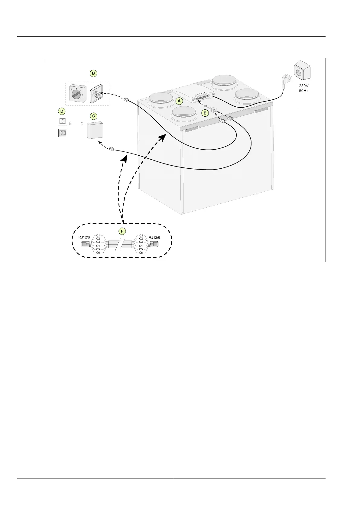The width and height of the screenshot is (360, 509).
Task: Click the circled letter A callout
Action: pyautogui.click(x=179, y=100)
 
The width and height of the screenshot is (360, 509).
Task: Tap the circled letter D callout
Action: pyautogui.click(x=62, y=112)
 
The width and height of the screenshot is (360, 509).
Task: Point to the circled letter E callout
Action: pyautogui.click(x=205, y=113)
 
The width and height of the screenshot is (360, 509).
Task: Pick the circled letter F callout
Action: pyautogui.click(x=122, y=231)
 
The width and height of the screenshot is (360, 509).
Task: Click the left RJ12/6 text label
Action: pyautogui.click(x=84, y=237)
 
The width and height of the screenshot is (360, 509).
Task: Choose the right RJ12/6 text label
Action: pyautogui.click(x=154, y=237)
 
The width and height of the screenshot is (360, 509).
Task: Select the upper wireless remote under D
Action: pyautogui.click(x=62, y=122)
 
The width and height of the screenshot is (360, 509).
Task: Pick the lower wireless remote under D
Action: pyautogui.click(x=62, y=133)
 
